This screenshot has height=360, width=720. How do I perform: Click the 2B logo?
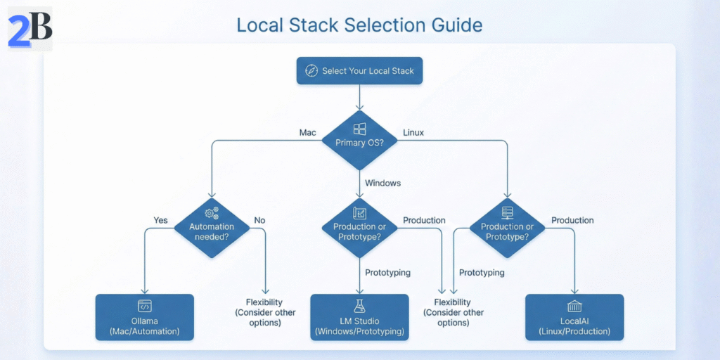30,30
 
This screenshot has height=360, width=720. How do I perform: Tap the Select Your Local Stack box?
359,70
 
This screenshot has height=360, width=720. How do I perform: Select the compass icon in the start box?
311,70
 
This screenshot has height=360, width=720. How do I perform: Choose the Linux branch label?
414,132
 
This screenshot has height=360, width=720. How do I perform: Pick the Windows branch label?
382,183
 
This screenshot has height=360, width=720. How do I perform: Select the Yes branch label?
161,220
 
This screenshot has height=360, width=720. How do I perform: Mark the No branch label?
259,220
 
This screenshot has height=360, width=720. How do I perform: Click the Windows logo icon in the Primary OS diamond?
359,129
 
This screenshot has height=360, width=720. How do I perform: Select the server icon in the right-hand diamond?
507,212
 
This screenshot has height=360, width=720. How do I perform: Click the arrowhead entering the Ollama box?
144,290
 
